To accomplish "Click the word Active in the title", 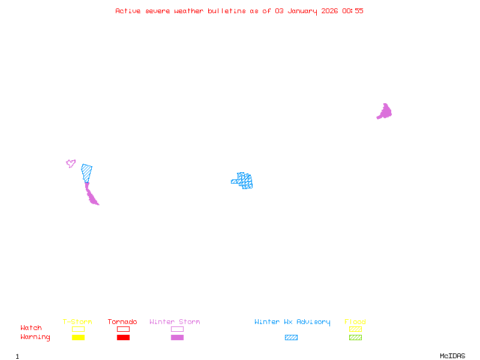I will click(128, 11).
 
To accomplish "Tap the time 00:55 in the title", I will click(353, 11).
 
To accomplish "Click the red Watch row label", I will click(31, 328).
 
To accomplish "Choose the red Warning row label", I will click(35, 337).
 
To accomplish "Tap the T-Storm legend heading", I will click(77, 322).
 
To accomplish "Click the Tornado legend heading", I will click(122, 322).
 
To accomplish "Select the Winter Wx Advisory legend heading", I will click(292, 322).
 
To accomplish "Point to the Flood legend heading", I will click(355, 322).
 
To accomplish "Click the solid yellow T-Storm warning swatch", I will click(78, 338).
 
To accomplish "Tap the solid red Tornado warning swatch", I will click(123, 338).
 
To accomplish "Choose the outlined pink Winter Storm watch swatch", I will click(177, 329).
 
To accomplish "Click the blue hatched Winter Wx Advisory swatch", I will click(291, 338).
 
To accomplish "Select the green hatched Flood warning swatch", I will click(355, 338).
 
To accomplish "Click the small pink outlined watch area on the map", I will click(71, 163).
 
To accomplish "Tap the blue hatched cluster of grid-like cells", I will click(244, 180).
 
